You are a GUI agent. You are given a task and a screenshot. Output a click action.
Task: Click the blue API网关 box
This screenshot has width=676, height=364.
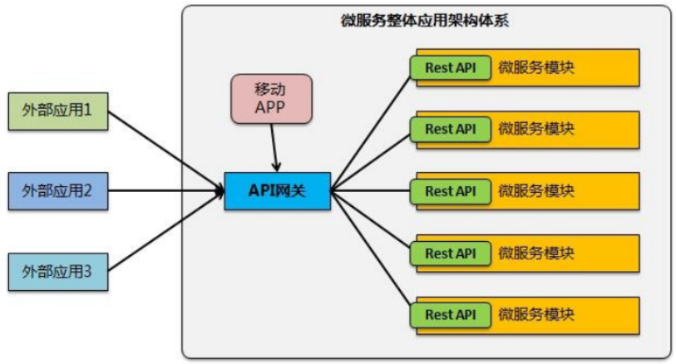coord(278,191)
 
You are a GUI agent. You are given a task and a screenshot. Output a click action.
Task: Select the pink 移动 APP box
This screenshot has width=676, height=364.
coord(270,99)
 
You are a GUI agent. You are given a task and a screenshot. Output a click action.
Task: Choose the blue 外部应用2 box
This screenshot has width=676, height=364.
coord(57,191)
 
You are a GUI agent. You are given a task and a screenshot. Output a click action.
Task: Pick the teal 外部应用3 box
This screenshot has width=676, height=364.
coord(57,271)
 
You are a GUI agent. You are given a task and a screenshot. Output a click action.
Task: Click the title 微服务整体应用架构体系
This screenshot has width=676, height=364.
coord(425,22)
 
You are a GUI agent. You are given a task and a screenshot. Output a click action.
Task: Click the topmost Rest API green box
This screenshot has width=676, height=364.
coord(450,67)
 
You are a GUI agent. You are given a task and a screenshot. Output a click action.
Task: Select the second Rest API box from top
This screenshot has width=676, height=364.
coord(450,129)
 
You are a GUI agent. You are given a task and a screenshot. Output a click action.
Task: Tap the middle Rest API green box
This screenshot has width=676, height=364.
coord(450,191)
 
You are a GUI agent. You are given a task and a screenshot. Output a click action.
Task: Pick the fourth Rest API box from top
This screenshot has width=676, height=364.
coord(450,253)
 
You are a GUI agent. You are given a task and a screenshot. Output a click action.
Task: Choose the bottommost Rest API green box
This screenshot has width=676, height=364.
coord(450,314)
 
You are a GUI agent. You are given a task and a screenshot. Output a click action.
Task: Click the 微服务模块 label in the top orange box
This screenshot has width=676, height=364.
coord(536,67)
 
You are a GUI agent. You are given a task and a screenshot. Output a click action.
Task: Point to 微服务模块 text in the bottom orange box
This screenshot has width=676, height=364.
coord(536,314)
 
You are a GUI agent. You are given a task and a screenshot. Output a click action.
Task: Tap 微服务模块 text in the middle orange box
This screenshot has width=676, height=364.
coord(536,191)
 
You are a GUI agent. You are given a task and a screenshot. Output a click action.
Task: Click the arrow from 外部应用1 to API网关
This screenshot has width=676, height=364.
coord(166,148)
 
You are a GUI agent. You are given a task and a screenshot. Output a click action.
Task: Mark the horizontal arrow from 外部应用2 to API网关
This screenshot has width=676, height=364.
coord(166,191)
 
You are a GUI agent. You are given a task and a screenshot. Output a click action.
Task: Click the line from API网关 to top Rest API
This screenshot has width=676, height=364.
coord(370,130)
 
